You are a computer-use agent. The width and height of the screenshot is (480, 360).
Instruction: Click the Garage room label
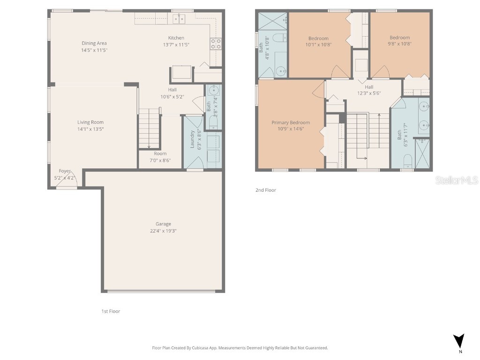pyautogui.click(x=163, y=224)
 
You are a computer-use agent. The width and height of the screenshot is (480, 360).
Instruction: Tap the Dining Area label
pyautogui.click(x=94, y=44)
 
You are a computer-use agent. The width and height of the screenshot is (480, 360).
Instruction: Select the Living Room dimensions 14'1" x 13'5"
pyautogui.click(x=90, y=129)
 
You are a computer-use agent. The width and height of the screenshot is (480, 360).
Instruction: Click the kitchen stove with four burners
pyautogui.click(x=216, y=44)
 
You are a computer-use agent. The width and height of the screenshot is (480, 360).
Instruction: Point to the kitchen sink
pyautogui.click(x=179, y=19)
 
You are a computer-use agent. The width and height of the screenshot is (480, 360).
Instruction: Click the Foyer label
pyautogui.click(x=65, y=172)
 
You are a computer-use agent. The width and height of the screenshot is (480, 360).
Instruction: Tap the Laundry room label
pyautogui.click(x=192, y=139)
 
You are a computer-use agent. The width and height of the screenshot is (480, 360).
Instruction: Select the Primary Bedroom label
pyautogui.click(x=291, y=123)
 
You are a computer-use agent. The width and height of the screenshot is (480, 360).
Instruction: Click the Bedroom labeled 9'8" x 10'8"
pyautogui.click(x=399, y=38)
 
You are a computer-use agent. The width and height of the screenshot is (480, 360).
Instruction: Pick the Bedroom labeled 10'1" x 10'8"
pyautogui.click(x=318, y=38)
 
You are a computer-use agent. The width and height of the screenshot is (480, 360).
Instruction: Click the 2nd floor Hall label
pyautogui.click(x=369, y=87)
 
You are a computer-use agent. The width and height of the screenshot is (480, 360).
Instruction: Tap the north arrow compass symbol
pyautogui.click(x=459, y=341)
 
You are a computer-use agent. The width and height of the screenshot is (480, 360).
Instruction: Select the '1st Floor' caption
pyautogui.click(x=111, y=311)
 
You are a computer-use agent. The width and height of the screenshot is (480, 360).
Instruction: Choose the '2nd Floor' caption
pyautogui.click(x=266, y=190)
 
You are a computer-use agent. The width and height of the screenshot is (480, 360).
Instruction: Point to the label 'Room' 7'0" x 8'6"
pyautogui.click(x=160, y=154)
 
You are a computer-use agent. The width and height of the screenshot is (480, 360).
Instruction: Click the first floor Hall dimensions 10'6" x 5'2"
pyautogui.click(x=172, y=97)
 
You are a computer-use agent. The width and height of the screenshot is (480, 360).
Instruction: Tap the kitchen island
pyautogui.click(x=181, y=73)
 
